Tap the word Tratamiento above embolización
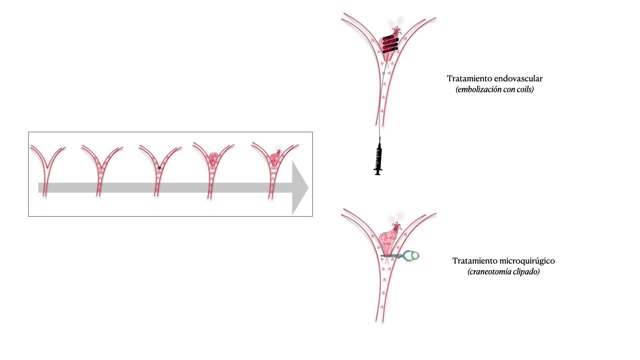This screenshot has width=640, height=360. click(465, 79)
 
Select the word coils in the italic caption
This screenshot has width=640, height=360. click(524, 90)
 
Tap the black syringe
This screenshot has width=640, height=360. click(378, 158)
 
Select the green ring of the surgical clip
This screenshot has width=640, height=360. click(415, 256)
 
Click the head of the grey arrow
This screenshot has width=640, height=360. click(300, 188)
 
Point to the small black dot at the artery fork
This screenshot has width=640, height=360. click(159, 168)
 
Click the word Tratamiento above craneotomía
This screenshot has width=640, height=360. click(471, 261)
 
